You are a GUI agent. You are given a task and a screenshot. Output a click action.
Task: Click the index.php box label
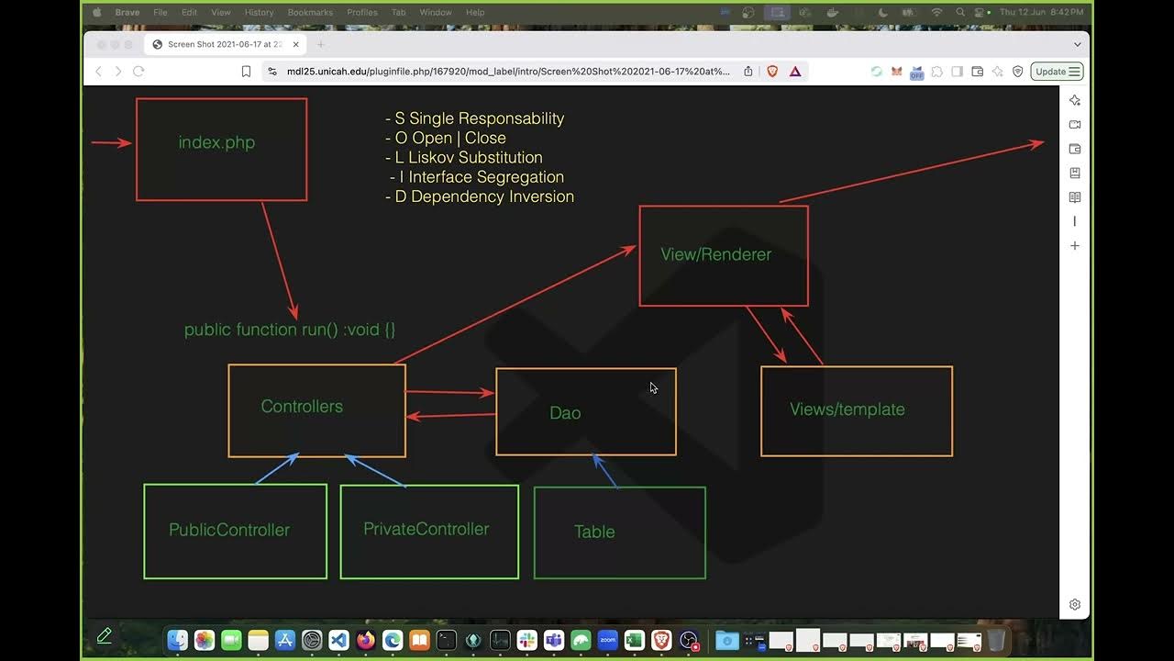pyautogui.click(x=216, y=142)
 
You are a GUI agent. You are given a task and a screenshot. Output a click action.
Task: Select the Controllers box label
pyautogui.click(x=302, y=407)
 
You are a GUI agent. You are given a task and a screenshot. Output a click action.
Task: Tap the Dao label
pyautogui.click(x=565, y=413)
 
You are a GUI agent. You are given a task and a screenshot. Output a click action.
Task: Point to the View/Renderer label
pyautogui.click(x=715, y=254)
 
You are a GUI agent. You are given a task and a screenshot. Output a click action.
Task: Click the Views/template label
pyautogui.click(x=847, y=409)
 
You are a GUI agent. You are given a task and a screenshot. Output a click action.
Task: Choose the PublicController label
pyautogui.click(x=229, y=530)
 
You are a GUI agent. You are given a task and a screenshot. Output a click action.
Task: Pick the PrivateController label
pyautogui.click(x=426, y=529)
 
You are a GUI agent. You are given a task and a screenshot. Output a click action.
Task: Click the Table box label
pyautogui.click(x=593, y=532)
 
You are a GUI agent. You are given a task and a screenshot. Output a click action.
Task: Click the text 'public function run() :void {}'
pyautogui.click(x=290, y=330)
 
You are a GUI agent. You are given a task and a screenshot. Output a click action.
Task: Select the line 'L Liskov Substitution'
pyautogui.click(x=468, y=157)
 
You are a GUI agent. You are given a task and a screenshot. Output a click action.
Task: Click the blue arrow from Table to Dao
pyautogui.click(x=605, y=471)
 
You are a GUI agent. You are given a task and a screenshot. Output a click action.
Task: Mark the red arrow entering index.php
pyautogui.click(x=112, y=142)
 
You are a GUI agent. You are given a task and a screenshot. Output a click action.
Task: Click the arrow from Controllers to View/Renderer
pyautogui.click(x=514, y=305)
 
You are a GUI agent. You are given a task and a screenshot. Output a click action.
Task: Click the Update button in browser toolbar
pyautogui.click(x=1057, y=72)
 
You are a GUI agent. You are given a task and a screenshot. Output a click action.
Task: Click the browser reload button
pyautogui.click(x=138, y=72)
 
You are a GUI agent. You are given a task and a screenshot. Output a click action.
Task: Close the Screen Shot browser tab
pyautogui.click(x=295, y=44)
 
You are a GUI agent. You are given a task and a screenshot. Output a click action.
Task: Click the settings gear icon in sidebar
pyautogui.click(x=1075, y=604)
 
